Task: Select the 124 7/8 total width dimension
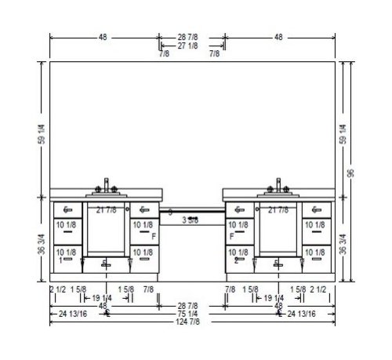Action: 192,322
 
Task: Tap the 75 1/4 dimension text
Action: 192,314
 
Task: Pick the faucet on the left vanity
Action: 107,185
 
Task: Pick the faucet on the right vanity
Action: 278,185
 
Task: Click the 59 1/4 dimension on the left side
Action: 42,129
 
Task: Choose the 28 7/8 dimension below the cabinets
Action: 192,304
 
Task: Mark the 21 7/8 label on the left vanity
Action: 107,210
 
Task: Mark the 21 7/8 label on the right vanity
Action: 278,210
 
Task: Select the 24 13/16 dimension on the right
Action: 303,314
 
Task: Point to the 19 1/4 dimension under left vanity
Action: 103,298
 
